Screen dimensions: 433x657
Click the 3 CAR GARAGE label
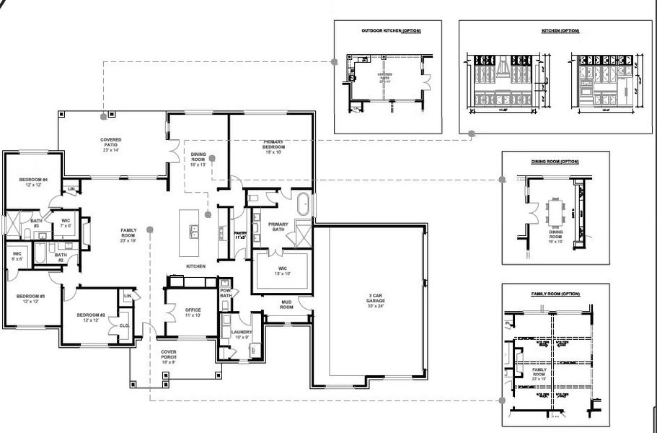(x=369, y=299)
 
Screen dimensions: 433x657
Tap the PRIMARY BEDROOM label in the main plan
(x=272, y=146)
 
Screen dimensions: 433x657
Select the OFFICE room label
(x=193, y=312)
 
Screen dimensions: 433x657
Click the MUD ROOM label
(x=286, y=304)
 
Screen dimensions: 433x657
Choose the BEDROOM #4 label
(x=34, y=183)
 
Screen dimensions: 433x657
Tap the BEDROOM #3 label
(x=33, y=298)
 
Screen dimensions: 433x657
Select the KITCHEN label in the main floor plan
(x=195, y=266)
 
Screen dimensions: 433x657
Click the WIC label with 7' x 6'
(x=66, y=222)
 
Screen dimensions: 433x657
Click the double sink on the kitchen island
(x=195, y=232)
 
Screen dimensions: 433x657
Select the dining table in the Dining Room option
(x=555, y=212)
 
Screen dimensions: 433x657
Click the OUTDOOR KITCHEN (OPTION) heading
(x=391, y=31)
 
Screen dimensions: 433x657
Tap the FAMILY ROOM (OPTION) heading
(x=555, y=294)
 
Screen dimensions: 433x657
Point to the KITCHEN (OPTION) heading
(x=560, y=31)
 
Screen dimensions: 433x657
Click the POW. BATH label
(x=226, y=293)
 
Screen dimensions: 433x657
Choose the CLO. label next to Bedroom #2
(x=123, y=325)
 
